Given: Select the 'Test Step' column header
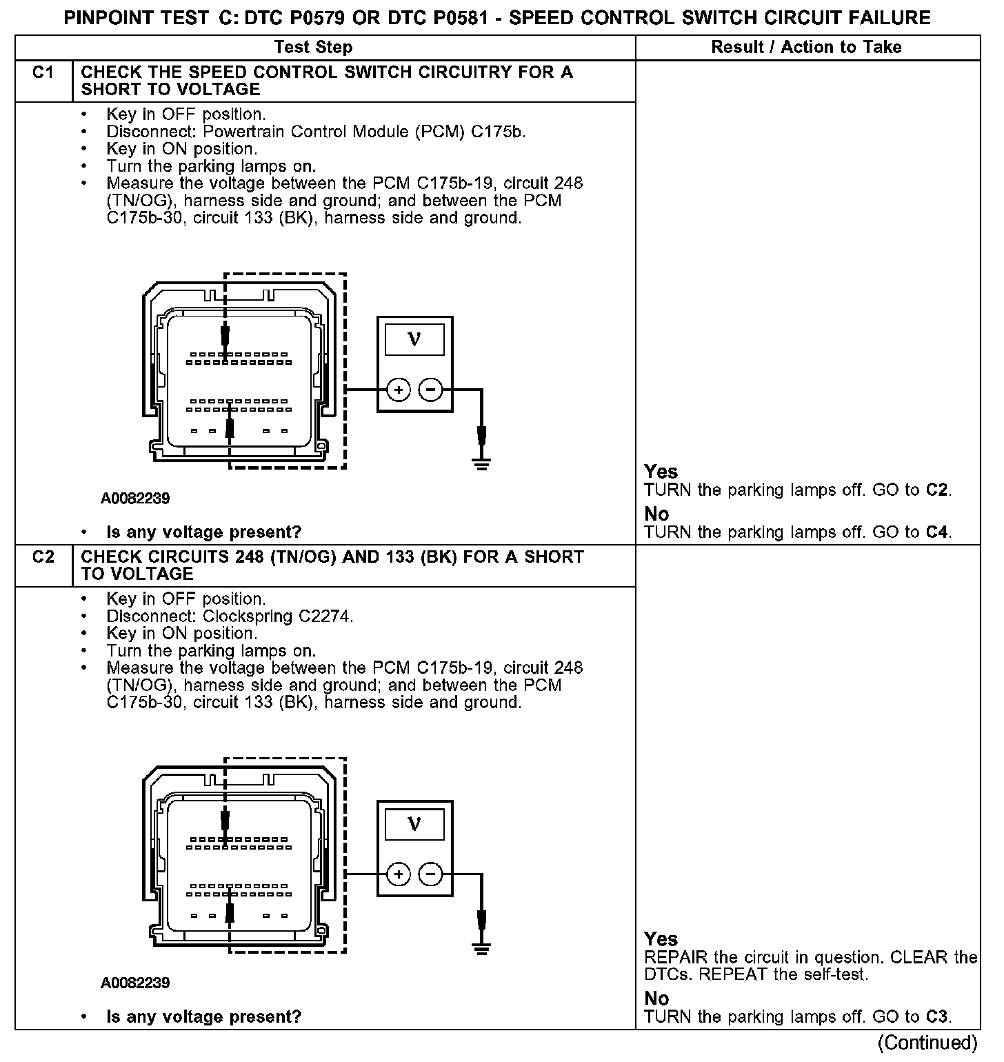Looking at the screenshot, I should tap(313, 48).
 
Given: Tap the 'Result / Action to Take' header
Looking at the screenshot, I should tap(806, 48).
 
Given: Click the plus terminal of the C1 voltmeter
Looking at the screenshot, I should tap(399, 390).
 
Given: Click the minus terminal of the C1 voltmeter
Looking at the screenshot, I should tap(431, 390).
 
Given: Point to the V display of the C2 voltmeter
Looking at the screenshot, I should tap(414, 824).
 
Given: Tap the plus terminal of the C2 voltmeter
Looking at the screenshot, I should tap(399, 875).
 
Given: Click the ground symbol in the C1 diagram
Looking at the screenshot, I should tap(482, 463).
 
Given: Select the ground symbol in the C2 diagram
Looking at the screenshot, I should tap(482, 948).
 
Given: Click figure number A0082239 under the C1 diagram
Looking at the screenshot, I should tap(135, 498).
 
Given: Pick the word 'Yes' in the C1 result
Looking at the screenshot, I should tap(661, 472).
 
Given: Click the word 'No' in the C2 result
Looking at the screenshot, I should tap(656, 998).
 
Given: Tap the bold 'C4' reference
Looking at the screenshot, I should tap(936, 532).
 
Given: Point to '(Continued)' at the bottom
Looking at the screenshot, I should tap(927, 1043).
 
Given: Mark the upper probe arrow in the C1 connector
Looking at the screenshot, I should tap(225, 337).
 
